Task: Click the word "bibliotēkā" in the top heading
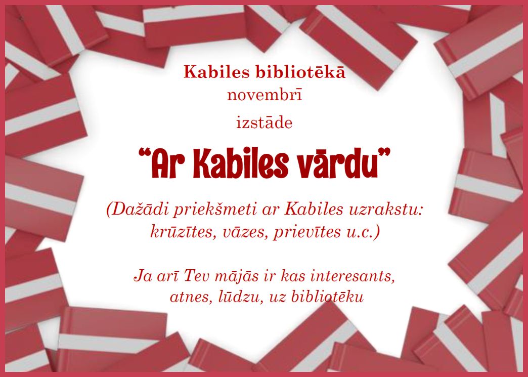pos(301,72)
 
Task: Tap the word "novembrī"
pos(265,95)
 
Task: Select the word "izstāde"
pos(265,122)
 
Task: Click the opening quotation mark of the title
pos(144,154)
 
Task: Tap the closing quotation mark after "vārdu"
pos(385,153)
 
